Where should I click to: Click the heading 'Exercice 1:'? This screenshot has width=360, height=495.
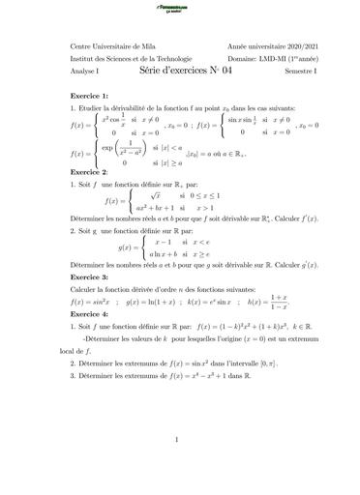[x=92, y=98]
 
